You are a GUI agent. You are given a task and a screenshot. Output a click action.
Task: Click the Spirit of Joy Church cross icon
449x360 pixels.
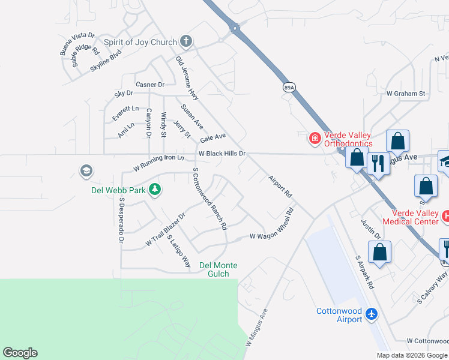coord(186,42)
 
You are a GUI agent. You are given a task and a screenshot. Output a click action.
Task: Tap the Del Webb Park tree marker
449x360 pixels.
coord(155,190)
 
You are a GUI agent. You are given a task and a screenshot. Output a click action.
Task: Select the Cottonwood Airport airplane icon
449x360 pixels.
coord(372,314)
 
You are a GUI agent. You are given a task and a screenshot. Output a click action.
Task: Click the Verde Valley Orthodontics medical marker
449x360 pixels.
coord(314,139)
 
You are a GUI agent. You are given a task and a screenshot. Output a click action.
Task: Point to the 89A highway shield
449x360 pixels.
coord(289,87)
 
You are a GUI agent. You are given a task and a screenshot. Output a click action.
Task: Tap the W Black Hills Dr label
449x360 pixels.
coord(223,154)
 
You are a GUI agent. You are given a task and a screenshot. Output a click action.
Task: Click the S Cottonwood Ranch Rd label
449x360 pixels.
coord(209,199)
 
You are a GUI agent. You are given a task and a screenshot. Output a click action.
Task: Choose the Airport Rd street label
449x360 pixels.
coord(280,187)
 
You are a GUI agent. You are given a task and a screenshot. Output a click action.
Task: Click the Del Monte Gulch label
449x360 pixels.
coord(218,269)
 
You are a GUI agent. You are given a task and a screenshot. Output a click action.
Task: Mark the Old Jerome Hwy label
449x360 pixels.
coord(187,78)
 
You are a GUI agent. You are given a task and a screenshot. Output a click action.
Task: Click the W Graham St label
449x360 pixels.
coord(406,94)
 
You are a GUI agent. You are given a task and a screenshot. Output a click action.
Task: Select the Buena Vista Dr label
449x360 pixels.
coord(77,44)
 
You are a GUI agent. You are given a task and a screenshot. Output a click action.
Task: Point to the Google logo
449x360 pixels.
coord(20,353)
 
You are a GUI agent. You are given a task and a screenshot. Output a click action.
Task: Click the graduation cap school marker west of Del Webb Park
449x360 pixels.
coord(86,172)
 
